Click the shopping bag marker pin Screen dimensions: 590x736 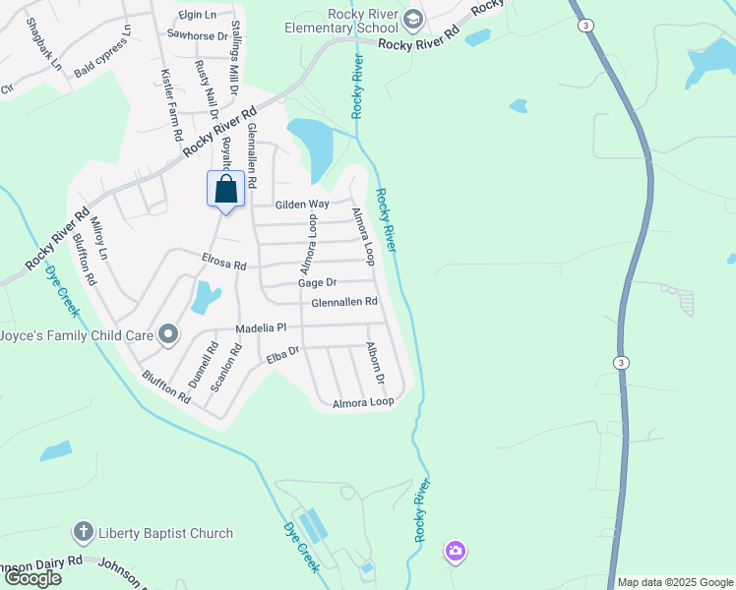click(225, 190)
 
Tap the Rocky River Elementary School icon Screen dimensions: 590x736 click(413, 18)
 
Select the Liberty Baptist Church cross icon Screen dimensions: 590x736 click(83, 533)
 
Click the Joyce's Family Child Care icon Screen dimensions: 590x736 click(168, 335)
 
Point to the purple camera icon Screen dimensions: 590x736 click(454, 551)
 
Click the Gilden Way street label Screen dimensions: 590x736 click(302, 204)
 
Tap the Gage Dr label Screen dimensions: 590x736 click(318, 282)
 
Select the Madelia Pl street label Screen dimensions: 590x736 click(261, 327)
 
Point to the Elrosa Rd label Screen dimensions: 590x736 click(223, 263)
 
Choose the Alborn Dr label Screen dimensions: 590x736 click(375, 363)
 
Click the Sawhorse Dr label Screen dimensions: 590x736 click(197, 35)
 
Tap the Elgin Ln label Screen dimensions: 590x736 click(197, 15)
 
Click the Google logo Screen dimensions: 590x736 click(33, 578)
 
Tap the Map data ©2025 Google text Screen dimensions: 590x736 click(674, 582)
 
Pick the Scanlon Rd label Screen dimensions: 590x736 click(227, 370)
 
